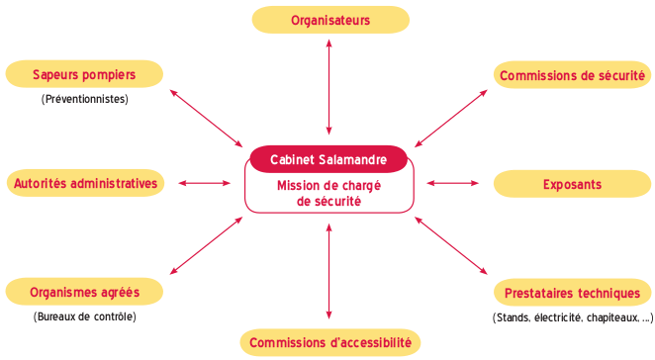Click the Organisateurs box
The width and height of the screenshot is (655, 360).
coord(330,20)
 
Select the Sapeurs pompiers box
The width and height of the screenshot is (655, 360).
coord(84,74)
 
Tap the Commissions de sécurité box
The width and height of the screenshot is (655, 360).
coord(572,75)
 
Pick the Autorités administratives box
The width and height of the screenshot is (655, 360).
coord(85,183)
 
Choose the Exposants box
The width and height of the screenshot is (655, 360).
coord(572,184)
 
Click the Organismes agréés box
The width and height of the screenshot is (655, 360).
coord(84,292)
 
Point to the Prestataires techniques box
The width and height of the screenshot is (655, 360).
coord(572,293)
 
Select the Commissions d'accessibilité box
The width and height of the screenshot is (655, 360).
coord(330,342)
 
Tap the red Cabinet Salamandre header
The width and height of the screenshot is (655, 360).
coord(328,159)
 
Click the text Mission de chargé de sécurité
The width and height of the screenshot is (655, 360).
coord(328,193)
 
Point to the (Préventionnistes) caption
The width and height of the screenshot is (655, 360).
coord(84,99)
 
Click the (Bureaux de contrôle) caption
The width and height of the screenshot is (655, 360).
coord(84,316)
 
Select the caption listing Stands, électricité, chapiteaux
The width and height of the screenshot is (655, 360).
coord(572,317)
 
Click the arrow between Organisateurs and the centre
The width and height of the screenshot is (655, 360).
coord(329,87)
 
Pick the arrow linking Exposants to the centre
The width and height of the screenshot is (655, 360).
coord(453,183)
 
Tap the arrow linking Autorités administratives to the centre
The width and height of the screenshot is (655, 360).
coord(204,183)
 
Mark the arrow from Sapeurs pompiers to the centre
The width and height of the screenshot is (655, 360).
coord(207,119)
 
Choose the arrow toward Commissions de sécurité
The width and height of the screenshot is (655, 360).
coord(451,119)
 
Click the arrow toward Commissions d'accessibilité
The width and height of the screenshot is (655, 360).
coord(329,271)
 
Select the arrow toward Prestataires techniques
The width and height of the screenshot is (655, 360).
coord(451,245)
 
